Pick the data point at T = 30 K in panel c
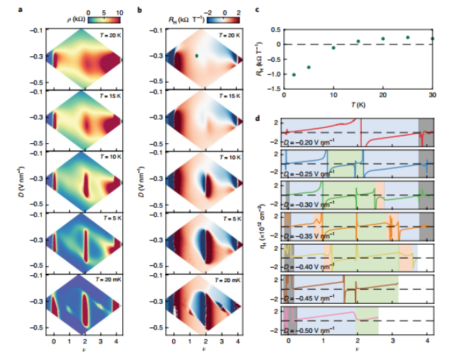432,39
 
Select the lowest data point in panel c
294,74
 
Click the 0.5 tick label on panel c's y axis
275,30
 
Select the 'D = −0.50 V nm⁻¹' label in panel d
312,325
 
